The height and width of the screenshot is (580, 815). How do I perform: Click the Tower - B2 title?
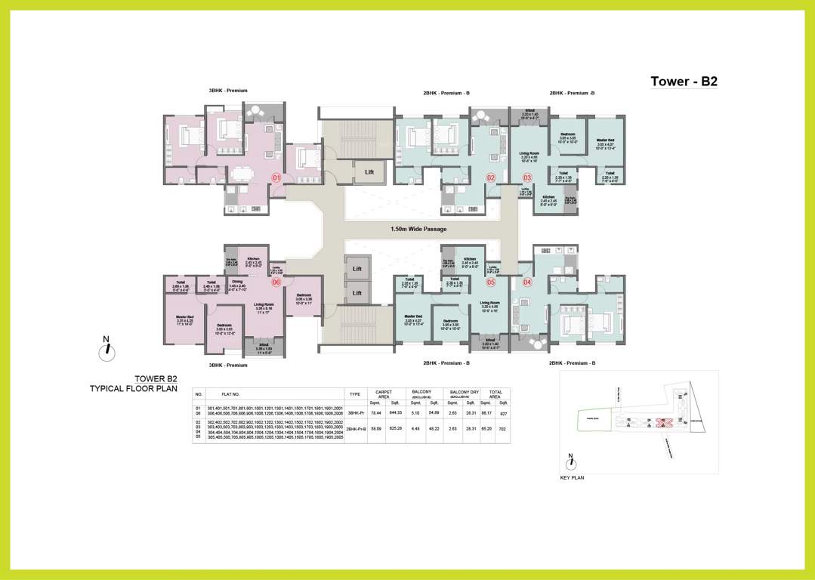click(x=684, y=82)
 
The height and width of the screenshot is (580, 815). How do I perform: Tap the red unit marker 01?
click(x=276, y=179)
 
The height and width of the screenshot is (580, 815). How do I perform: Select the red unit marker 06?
click(x=276, y=282)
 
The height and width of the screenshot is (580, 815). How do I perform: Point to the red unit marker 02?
click(x=490, y=178)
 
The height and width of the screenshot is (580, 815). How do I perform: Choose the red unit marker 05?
click(x=490, y=282)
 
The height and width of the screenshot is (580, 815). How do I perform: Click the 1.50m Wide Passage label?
click(x=418, y=229)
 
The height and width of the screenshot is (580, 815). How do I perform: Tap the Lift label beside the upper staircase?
click(x=369, y=172)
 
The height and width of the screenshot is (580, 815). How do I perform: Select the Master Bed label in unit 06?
click(x=186, y=317)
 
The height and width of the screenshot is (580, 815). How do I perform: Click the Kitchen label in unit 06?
click(x=254, y=259)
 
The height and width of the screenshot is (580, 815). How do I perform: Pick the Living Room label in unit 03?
click(x=529, y=154)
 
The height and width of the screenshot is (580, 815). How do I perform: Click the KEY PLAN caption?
click(x=573, y=479)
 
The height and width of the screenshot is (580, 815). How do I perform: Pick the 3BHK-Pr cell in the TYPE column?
click(x=356, y=413)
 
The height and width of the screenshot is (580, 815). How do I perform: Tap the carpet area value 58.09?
click(x=375, y=427)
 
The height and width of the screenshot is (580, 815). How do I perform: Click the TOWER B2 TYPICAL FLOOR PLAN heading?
click(x=133, y=384)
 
